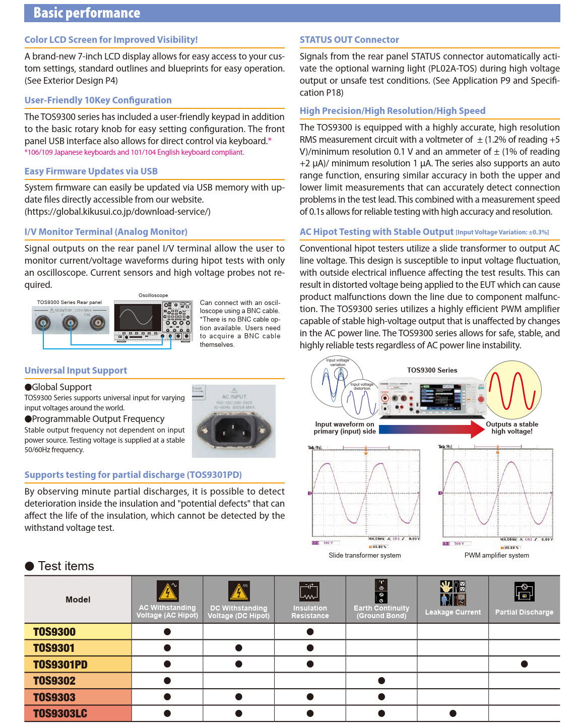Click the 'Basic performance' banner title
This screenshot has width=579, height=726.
pyautogui.click(x=87, y=13)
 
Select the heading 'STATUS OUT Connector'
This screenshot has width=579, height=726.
pyautogui.click(x=349, y=40)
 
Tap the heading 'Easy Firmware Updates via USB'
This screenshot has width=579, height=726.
pyautogui.click(x=91, y=171)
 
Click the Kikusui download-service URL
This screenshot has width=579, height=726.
pyautogui.click(x=117, y=212)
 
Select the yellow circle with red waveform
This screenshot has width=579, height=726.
pyautogui.click(x=512, y=390)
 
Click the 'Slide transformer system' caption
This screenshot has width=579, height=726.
pyautogui.click(x=364, y=555)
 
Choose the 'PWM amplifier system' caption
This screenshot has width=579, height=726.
pyautogui.click(x=496, y=555)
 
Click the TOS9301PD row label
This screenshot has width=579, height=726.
pyautogui.click(x=60, y=664)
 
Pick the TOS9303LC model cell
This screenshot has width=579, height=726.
pyautogui.click(x=60, y=713)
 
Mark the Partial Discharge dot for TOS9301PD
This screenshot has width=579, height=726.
pyautogui.click(x=524, y=664)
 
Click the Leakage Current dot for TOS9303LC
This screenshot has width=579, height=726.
pyautogui.click(x=453, y=713)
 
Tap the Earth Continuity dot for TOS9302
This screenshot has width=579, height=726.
pyautogui.click(x=381, y=681)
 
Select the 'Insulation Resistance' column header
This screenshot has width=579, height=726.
pyautogui.click(x=310, y=612)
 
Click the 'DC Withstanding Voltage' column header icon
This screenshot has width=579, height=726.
pyautogui.click(x=238, y=591)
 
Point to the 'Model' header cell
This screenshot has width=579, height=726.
pyautogui.click(x=78, y=599)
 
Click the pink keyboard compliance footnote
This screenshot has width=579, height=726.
pyautogui.click(x=134, y=152)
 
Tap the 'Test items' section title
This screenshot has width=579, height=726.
pyautogui.click(x=66, y=566)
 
